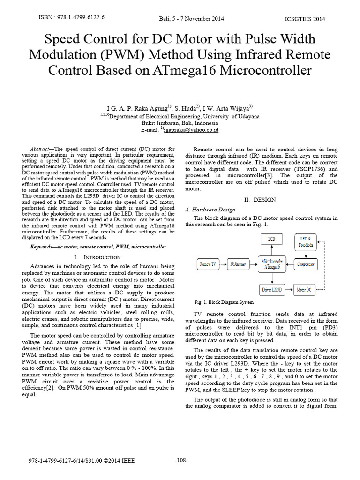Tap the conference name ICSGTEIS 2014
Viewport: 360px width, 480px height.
point(305,19)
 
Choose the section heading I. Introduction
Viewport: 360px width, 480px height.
point(97,257)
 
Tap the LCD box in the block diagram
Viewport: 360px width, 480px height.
point(271,239)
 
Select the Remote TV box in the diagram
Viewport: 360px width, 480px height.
point(208,264)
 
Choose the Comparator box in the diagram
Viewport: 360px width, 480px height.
point(306,264)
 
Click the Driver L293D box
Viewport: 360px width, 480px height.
point(272,290)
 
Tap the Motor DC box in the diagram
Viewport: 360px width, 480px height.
point(305,290)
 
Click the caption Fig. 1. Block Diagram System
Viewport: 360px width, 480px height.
point(224,302)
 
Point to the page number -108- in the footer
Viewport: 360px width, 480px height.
point(180,461)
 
